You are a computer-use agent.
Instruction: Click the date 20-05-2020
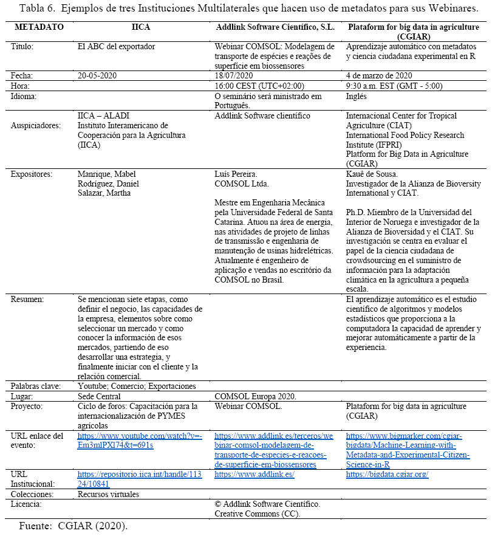click(97, 75)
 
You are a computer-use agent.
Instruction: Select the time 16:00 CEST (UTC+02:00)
click(259, 86)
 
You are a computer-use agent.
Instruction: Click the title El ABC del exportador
click(117, 47)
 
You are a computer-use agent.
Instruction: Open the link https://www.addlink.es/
click(254, 474)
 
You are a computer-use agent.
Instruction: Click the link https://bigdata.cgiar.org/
click(387, 474)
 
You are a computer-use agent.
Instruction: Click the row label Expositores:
click(32, 174)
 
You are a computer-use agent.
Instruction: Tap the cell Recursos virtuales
click(109, 494)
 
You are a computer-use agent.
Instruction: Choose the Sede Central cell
click(101, 396)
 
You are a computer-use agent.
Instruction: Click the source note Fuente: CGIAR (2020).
click(73, 526)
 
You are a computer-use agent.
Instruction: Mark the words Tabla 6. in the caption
click(37, 9)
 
